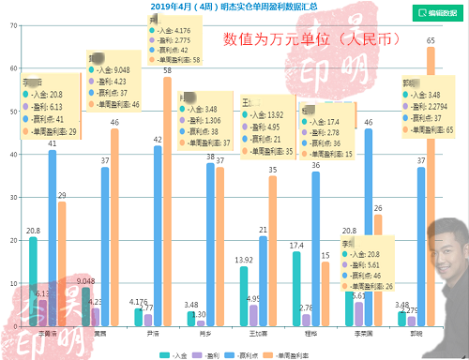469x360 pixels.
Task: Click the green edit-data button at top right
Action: [x=437, y=12]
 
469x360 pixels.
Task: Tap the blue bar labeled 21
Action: [x=264, y=281]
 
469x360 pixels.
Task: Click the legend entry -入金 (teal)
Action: [x=174, y=355]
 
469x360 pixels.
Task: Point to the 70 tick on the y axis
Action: [x=12, y=25]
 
